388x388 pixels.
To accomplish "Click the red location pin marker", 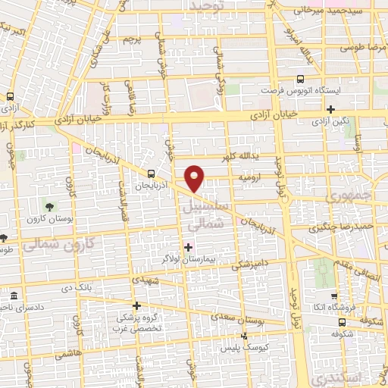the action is click(x=196, y=178).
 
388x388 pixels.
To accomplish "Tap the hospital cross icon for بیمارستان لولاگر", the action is click(x=187, y=247).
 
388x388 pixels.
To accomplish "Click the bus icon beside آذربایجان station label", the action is click(x=152, y=173).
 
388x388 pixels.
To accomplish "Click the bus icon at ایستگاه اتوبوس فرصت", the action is click(x=301, y=78).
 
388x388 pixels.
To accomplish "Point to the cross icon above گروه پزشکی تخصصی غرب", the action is click(x=136, y=305).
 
